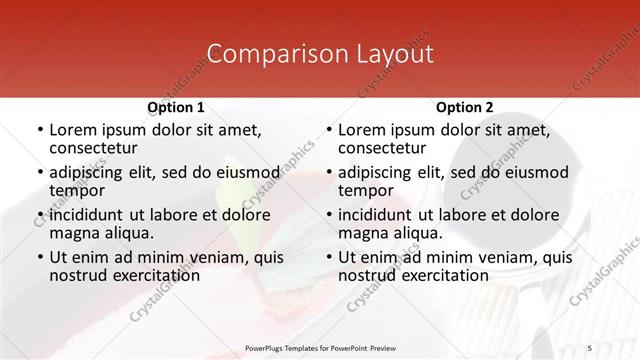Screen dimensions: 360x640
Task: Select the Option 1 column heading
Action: pyautogui.click(x=176, y=106)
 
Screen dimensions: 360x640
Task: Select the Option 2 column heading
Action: pyautogui.click(x=464, y=106)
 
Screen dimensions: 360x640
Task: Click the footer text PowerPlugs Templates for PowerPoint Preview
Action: pyautogui.click(x=319, y=348)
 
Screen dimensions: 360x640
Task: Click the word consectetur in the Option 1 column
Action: pyautogui.click(x=96, y=148)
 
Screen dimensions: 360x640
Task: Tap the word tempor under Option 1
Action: pyautogui.click(x=78, y=190)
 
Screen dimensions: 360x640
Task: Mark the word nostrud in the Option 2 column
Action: pyautogui.click(x=368, y=275)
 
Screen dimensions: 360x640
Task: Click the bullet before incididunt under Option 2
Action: pyautogui.click(x=329, y=215)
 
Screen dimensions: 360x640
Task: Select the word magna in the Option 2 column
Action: pyautogui.click(x=363, y=232)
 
